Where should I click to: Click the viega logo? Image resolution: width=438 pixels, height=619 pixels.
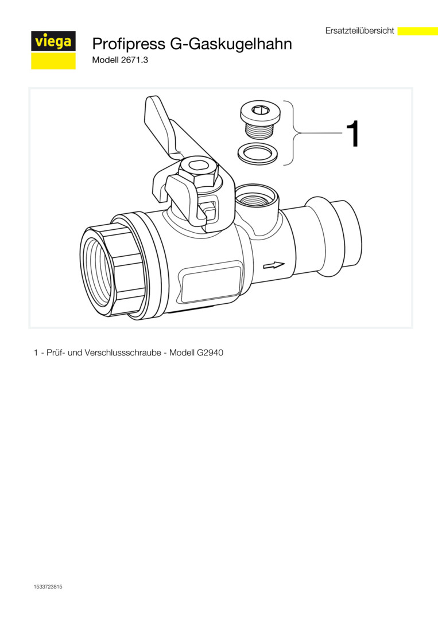[x=53, y=50]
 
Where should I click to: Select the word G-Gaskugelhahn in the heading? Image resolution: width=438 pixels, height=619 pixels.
[x=231, y=44]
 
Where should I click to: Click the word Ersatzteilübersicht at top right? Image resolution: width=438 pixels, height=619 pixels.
[x=360, y=30]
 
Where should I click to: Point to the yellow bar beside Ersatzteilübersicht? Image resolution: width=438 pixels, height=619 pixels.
[x=417, y=31]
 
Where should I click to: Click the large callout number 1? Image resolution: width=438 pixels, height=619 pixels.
[x=353, y=134]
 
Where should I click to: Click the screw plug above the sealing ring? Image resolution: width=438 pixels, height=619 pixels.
[x=259, y=120]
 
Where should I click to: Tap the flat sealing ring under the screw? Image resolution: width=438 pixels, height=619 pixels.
[x=257, y=153]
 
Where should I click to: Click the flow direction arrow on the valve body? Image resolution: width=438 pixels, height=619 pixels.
[x=274, y=265]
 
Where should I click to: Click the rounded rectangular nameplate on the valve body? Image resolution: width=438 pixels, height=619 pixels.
[x=211, y=284]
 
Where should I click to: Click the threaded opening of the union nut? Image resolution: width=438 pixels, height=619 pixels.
[x=97, y=269]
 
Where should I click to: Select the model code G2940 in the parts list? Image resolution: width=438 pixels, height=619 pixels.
[x=210, y=352]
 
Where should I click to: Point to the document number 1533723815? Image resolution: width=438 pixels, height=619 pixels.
[x=48, y=587]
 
